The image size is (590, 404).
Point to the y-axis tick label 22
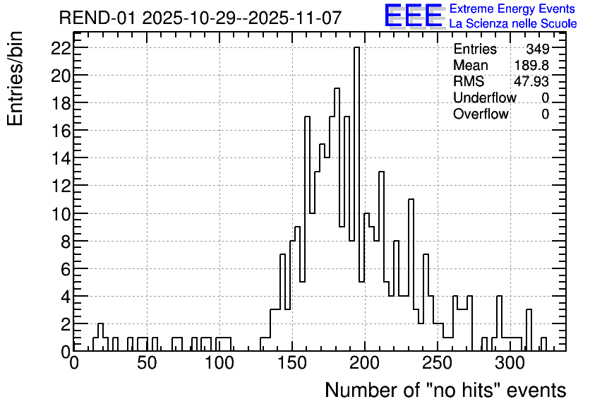tap(61, 48)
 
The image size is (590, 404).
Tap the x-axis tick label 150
tap(291, 363)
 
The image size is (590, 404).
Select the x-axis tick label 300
tap(510, 363)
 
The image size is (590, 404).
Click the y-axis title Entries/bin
tap(16, 78)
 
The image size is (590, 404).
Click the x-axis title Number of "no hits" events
tap(445, 390)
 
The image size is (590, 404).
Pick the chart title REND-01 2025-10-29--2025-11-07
tap(200, 18)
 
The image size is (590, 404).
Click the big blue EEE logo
tap(414, 16)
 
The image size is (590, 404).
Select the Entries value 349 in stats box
tap(537, 49)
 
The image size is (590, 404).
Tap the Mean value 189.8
tap(531, 65)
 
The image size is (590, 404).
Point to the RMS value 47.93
tap(531, 81)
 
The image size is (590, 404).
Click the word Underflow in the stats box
tap(485, 97)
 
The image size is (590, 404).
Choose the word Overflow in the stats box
tap(481, 114)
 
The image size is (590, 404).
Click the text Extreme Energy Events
tap(512, 8)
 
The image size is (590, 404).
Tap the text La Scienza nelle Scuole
tap(513, 23)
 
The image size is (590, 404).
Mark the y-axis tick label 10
tap(61, 214)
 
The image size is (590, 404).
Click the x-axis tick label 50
tap(146, 363)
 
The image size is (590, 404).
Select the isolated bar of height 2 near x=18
tap(100, 337)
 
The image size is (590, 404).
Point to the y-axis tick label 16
tap(61, 131)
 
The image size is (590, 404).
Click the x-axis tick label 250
tap(437, 363)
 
